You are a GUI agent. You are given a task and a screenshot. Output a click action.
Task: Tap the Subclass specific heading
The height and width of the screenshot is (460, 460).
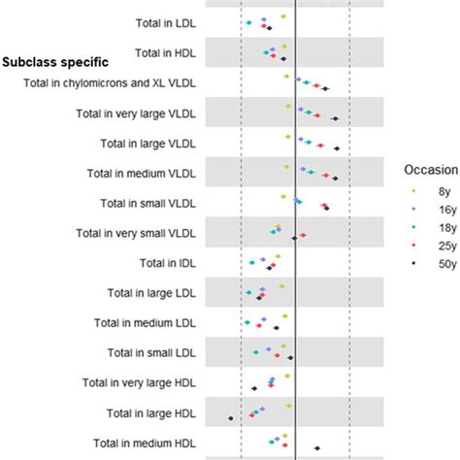tap(54, 62)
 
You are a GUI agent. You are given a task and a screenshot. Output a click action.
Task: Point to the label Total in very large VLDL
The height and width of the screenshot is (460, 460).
tap(149, 114)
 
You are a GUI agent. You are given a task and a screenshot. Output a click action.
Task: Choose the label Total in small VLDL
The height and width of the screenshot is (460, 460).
tap(162, 203)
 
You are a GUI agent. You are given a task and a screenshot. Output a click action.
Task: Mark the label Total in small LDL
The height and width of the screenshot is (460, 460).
tap(165, 352)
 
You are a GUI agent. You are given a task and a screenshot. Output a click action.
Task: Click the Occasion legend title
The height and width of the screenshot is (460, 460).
tap(431, 169)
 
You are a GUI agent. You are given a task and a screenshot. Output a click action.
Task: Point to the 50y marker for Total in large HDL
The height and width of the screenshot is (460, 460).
tap(231, 418)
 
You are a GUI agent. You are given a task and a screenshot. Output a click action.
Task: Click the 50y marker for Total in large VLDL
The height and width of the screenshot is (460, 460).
tap(336, 148)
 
